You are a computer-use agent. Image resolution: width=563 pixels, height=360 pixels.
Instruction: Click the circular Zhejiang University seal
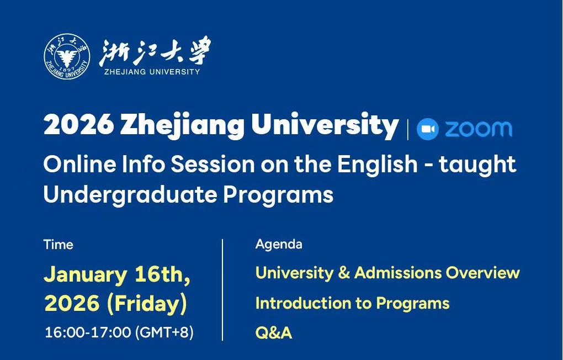pos(67,56)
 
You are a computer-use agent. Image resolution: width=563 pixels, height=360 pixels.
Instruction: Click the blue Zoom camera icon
pos(428,129)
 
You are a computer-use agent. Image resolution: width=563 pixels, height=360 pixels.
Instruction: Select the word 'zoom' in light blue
pos(479,129)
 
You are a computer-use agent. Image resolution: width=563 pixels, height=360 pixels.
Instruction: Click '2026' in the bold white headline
pos(78,124)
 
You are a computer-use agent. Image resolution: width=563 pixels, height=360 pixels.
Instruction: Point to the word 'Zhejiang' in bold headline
pos(182,126)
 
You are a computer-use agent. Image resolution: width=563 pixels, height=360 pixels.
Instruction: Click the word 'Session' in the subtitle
pos(213,164)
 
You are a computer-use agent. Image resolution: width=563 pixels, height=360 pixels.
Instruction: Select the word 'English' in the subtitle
pos(377,164)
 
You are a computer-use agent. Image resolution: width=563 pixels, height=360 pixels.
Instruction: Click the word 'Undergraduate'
pos(130,195)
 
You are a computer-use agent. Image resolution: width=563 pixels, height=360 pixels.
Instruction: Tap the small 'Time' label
pos(58,245)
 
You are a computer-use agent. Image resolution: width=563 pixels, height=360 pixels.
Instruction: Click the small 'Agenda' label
pos(279,244)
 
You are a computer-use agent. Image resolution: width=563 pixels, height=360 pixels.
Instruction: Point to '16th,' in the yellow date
pos(162,275)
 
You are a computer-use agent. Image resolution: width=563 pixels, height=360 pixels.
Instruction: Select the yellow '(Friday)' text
pos(146,304)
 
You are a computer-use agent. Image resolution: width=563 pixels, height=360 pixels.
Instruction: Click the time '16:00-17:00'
pos(88,332)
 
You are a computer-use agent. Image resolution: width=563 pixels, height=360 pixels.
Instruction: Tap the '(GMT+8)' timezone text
pos(164,332)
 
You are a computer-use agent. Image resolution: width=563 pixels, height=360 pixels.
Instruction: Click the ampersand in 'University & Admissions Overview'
pos(344,273)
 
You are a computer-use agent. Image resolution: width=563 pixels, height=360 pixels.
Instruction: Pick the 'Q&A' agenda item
pos(274,333)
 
